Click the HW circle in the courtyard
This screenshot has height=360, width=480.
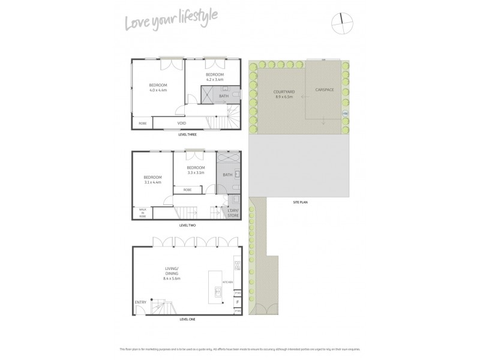(344, 113)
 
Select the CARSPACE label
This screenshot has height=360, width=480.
(325, 91)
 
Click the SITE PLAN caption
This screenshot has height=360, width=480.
(300, 202)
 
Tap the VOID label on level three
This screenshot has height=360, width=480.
(182, 123)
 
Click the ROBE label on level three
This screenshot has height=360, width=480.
(143, 123)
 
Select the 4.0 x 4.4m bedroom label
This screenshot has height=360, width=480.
(158, 88)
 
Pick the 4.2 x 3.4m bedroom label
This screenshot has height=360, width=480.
(215, 77)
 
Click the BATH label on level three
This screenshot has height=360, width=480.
(224, 96)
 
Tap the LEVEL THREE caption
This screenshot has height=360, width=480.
(187, 134)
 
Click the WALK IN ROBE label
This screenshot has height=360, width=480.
(142, 213)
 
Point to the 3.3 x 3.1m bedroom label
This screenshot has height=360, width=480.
(196, 170)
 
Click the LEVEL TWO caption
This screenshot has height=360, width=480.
(187, 225)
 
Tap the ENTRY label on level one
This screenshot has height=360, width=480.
(140, 302)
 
